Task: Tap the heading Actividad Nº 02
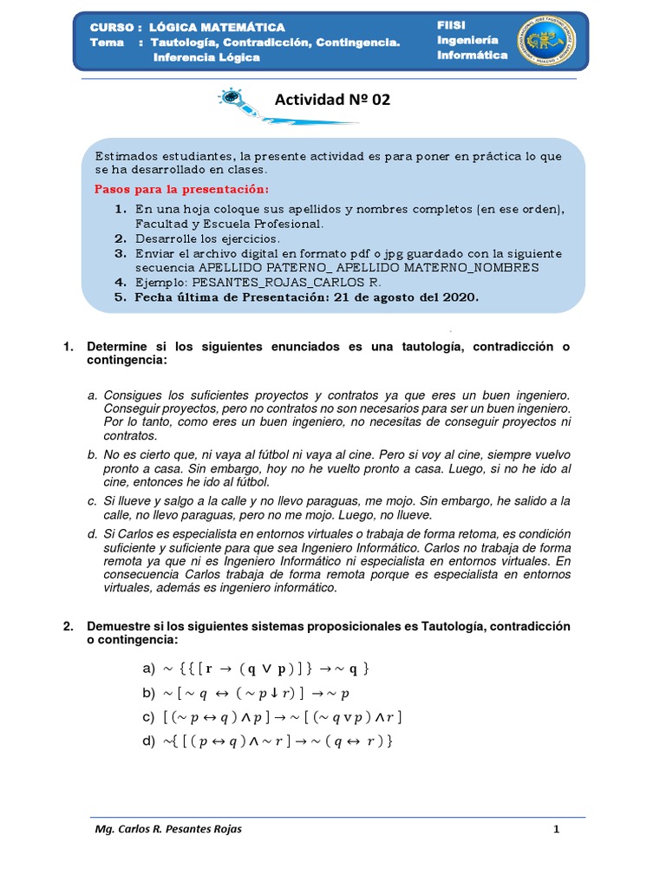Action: (x=332, y=100)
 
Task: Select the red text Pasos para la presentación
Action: (x=181, y=189)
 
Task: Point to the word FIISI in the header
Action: (x=452, y=26)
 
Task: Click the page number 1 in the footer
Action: (x=557, y=829)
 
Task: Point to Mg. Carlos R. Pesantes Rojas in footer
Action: (x=168, y=829)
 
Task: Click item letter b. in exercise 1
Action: (x=92, y=454)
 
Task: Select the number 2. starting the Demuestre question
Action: (x=69, y=626)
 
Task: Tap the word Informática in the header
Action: (x=472, y=55)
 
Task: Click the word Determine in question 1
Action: (x=117, y=347)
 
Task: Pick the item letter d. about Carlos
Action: (x=92, y=532)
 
